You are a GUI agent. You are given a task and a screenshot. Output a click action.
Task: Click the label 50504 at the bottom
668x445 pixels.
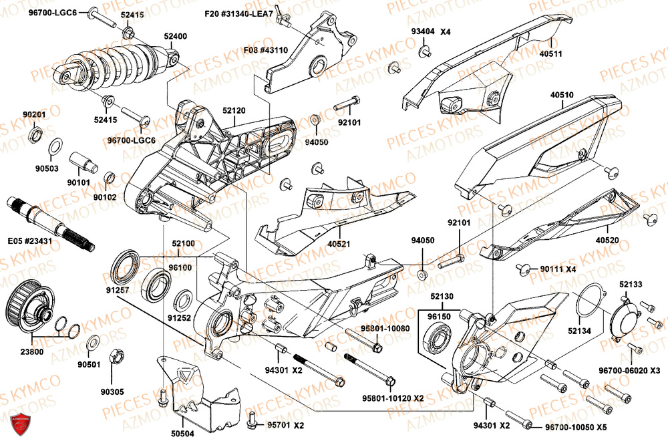click(182, 434)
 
